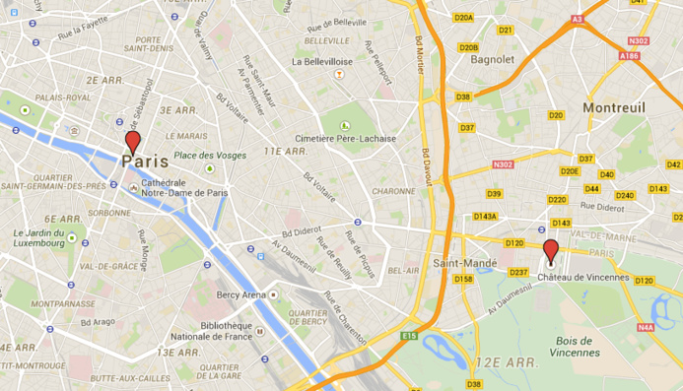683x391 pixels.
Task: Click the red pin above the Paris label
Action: [132, 142]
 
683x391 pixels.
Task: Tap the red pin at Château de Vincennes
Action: [551, 251]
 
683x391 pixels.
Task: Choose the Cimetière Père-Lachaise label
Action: [348, 139]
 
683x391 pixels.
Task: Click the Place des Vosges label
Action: [209, 156]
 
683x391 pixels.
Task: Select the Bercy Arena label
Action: [241, 294]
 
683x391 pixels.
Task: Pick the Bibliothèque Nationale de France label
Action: [217, 332]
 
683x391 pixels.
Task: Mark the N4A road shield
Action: [646, 327]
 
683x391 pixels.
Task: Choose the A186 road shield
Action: [630, 57]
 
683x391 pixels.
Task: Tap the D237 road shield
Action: [519, 272]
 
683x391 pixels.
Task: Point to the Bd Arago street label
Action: [99, 322]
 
